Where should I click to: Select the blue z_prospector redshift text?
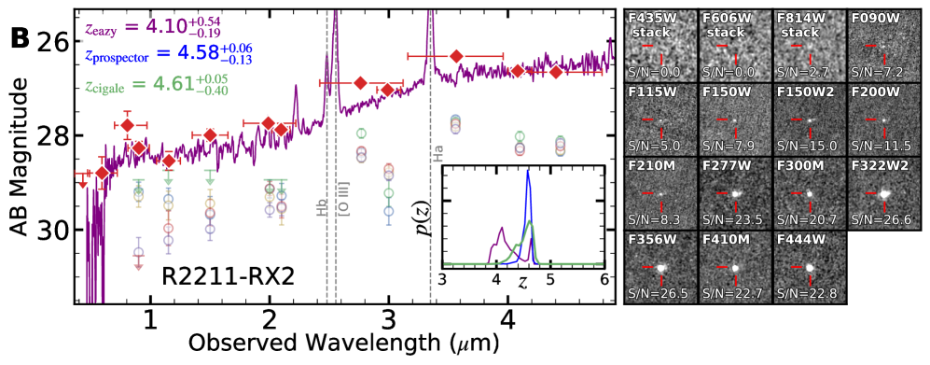point(159,55)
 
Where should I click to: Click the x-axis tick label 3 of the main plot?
point(388,320)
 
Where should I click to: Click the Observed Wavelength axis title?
point(338,344)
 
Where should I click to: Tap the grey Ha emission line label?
point(437,152)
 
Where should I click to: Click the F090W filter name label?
point(873,16)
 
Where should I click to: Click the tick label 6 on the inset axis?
point(604,279)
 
